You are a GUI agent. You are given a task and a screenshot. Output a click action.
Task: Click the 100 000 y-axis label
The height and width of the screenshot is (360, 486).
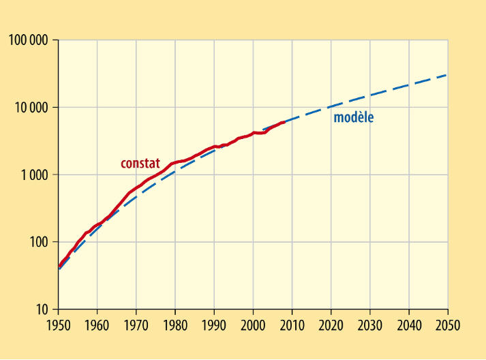coord(29,40)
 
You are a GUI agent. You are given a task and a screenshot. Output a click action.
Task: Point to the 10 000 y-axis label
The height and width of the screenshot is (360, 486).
coord(32,108)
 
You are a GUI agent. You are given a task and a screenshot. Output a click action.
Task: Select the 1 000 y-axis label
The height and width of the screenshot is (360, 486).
coord(35,175)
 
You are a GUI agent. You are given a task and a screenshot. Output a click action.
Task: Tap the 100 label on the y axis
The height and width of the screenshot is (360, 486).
coord(40,242)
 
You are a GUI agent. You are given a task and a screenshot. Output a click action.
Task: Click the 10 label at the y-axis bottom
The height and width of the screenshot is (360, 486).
coord(42,310)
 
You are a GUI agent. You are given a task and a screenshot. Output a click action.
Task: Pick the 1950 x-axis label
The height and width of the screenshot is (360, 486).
coord(59,325)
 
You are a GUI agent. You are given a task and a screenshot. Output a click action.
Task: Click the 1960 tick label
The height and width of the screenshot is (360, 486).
coord(97,325)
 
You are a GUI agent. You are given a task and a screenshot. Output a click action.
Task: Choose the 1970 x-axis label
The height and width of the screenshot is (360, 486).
coord(136,325)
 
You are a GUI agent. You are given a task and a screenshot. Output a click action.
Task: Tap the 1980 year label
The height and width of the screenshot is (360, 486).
coord(175,325)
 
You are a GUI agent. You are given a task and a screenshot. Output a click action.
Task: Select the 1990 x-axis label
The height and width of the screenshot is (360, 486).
coord(214,325)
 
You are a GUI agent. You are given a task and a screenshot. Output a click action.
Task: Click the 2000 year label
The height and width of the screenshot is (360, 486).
coord(254,325)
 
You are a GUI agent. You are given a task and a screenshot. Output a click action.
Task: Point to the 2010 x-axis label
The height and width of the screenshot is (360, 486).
coord(292,325)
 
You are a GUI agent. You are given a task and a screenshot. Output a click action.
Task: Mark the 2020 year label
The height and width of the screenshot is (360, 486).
coord(331,325)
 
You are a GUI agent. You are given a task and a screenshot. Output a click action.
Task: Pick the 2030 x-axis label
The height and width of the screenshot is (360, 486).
coord(370,325)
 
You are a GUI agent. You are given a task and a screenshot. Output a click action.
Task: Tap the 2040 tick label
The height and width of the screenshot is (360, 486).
coord(409,325)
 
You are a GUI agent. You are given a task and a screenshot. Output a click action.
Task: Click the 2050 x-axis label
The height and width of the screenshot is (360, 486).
coord(448,325)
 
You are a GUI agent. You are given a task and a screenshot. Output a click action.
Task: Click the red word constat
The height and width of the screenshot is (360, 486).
coord(140,164)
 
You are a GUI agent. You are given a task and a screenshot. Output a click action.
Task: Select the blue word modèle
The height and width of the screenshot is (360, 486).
coord(354,117)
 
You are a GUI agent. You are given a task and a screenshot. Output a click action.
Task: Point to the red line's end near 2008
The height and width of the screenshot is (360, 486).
coord(284,122)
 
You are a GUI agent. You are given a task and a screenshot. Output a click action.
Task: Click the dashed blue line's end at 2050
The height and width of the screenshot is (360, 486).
coord(447,74)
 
